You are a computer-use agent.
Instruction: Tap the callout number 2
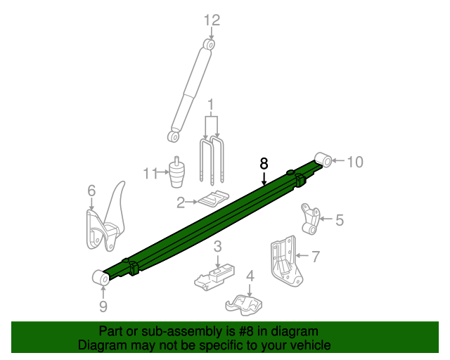point(181,203)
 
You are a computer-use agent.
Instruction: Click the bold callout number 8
point(264,163)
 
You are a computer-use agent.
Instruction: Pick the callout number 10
point(354,162)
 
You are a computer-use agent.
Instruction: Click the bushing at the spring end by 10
point(323,160)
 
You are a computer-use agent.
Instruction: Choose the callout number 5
point(339,221)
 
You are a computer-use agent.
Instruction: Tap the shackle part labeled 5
point(308,219)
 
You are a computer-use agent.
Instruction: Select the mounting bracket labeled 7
point(283,260)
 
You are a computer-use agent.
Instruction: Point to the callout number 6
point(91,191)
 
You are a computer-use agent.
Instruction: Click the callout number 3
point(218,246)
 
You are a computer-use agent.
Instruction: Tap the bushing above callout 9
point(101,278)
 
